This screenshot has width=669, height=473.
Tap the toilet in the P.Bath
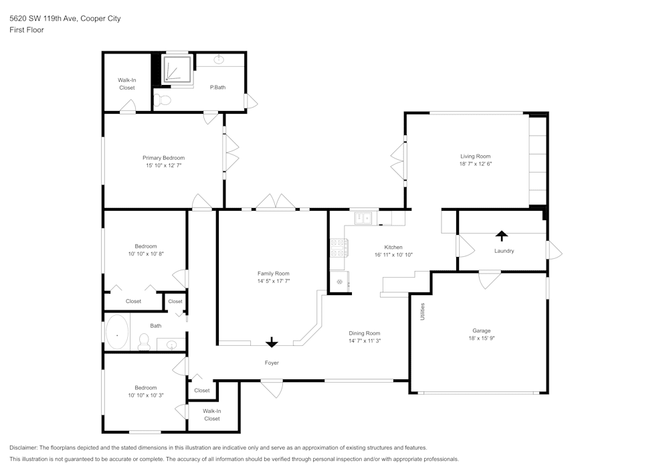tap(163, 100)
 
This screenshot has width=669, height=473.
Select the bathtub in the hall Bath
tap(118, 333)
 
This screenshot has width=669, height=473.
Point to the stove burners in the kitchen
tap(339, 248)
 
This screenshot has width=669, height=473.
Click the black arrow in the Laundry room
tap(501, 235)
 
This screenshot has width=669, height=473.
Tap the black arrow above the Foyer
tap(271, 343)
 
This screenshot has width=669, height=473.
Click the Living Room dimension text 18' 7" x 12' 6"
tap(475, 164)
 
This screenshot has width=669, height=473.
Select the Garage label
tap(482, 330)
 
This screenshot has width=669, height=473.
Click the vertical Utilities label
tap(422, 312)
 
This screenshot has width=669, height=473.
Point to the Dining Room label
tap(364, 333)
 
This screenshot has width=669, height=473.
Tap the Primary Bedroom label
tap(163, 158)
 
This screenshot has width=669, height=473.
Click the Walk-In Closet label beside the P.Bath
tap(126, 84)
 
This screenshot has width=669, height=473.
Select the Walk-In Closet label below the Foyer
tap(211, 415)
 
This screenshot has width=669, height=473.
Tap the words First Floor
tap(27, 30)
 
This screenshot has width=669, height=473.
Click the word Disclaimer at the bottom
tap(23, 448)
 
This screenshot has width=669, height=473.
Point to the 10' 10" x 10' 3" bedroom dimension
tap(145, 395)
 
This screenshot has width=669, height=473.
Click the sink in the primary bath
tap(219, 60)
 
